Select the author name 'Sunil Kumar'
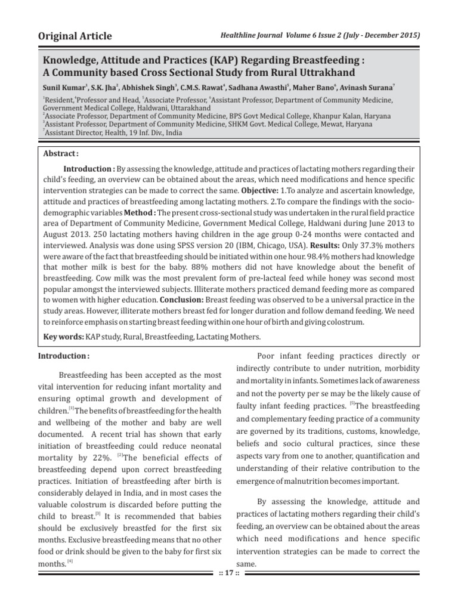point(64,87)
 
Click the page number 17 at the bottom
point(228,573)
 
